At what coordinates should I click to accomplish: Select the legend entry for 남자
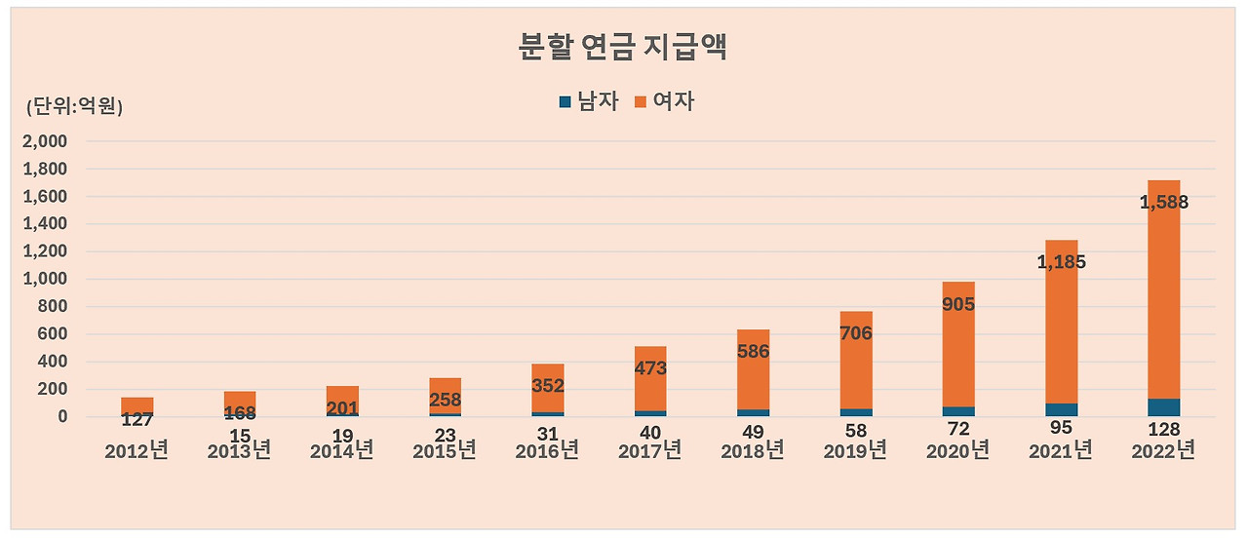[x=589, y=101]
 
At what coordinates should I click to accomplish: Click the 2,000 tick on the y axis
[x=46, y=141]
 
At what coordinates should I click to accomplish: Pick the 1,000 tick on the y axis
[x=46, y=279]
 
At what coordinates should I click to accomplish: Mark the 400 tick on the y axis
[x=52, y=362]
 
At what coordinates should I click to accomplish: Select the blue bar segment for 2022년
[x=1163, y=407]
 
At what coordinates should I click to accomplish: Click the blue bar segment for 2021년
[x=1061, y=410]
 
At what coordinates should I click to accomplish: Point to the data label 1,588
[x=1163, y=204]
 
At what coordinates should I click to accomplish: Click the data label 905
[x=958, y=305]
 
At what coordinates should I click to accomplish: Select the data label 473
[x=650, y=368]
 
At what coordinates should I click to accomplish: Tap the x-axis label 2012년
[x=136, y=451]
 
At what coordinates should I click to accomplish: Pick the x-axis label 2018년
[x=753, y=451]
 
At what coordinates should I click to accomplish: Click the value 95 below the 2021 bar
[x=1061, y=430]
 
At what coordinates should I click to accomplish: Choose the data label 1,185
[x=1061, y=262]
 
